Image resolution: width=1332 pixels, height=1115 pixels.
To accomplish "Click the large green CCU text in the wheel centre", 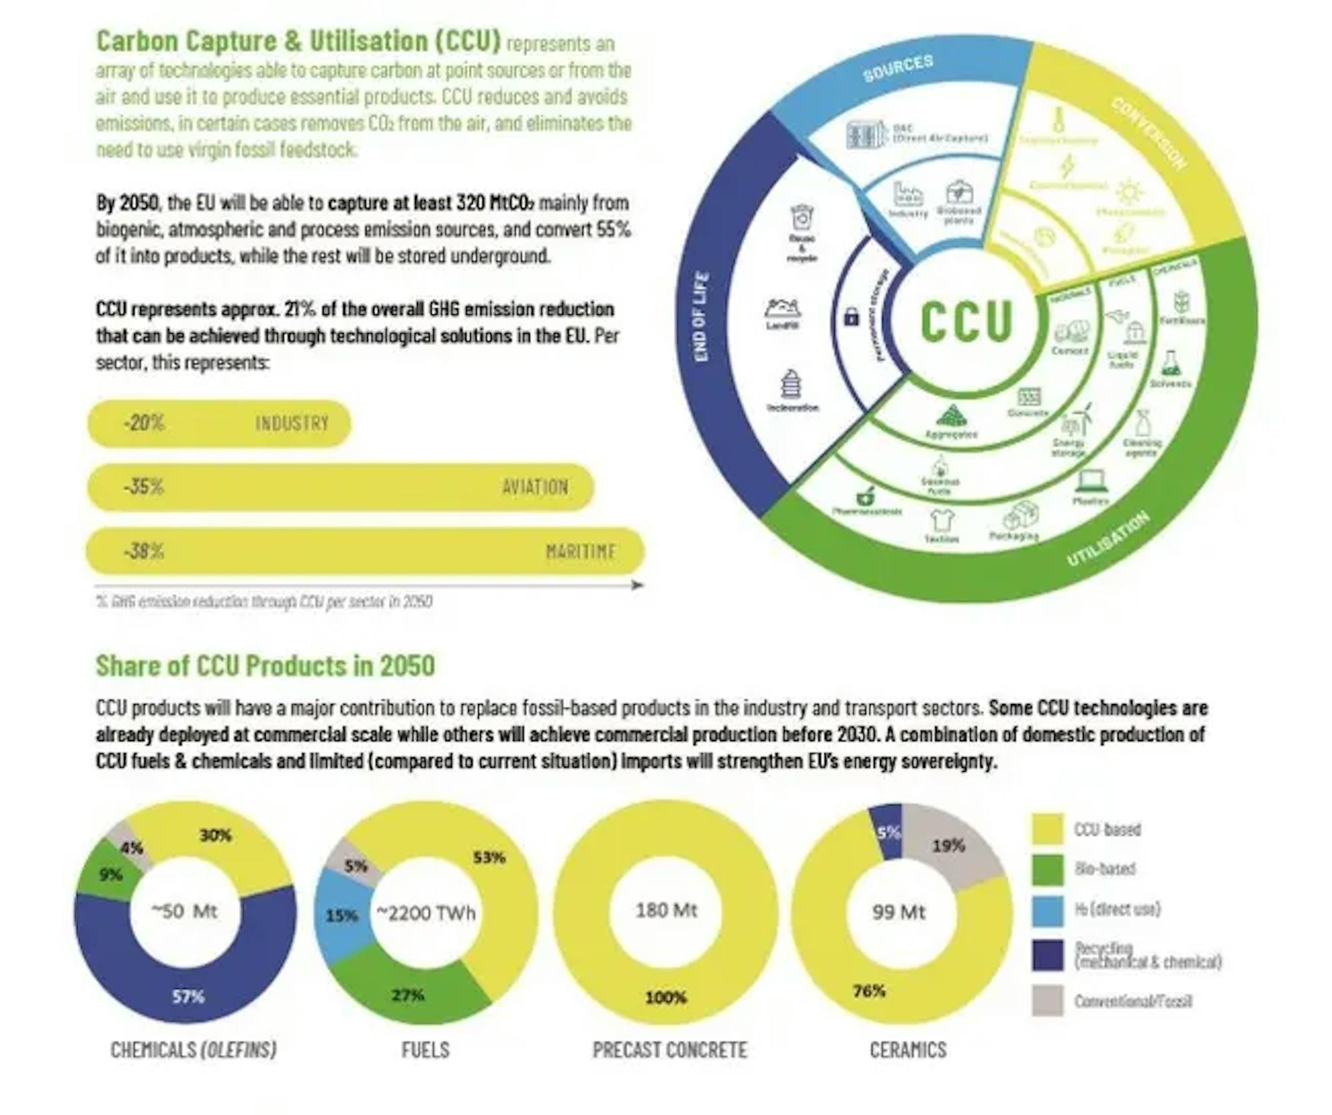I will (x=966, y=322).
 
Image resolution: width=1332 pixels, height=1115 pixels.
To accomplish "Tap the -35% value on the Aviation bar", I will (x=143, y=486).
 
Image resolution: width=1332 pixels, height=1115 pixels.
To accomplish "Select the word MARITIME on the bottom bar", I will (x=580, y=552).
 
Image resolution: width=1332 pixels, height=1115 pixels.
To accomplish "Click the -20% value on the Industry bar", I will (x=143, y=423).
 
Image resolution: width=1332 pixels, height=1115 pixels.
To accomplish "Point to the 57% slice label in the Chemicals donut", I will (x=188, y=997).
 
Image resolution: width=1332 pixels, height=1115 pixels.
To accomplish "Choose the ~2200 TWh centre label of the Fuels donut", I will (x=426, y=913).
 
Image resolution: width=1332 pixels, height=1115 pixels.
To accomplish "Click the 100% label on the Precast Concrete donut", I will (x=665, y=997).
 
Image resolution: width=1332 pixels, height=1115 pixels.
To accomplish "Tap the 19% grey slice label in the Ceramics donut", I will (x=948, y=846).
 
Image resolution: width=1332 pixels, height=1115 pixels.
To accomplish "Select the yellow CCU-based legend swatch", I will (x=1047, y=829).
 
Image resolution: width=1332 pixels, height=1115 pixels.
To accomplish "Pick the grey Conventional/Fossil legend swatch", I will (x=1047, y=1000).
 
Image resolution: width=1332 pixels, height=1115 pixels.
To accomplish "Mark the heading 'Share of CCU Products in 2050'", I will (x=265, y=665).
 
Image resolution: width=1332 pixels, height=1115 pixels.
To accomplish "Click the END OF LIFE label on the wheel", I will (x=701, y=317).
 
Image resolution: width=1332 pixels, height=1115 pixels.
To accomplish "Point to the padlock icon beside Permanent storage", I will (x=851, y=317).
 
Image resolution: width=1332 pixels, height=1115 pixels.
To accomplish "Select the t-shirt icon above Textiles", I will (x=942, y=520).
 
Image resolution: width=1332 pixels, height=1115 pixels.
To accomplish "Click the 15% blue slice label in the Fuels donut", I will (x=342, y=916).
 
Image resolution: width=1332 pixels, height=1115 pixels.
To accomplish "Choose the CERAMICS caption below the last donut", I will (x=908, y=1050).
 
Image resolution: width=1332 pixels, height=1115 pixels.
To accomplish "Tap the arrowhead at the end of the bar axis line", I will (x=637, y=585).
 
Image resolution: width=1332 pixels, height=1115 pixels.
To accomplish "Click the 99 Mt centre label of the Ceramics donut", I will (x=898, y=912).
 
